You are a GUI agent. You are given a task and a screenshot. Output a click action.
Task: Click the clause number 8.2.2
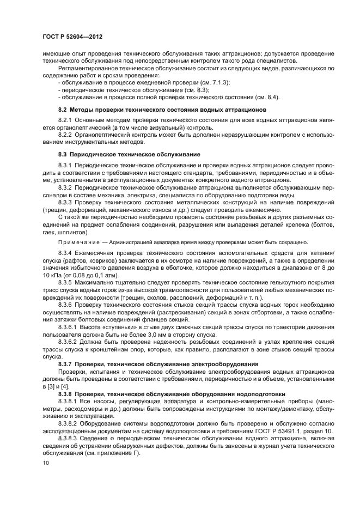65,136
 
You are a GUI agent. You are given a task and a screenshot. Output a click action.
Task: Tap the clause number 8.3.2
65,187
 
